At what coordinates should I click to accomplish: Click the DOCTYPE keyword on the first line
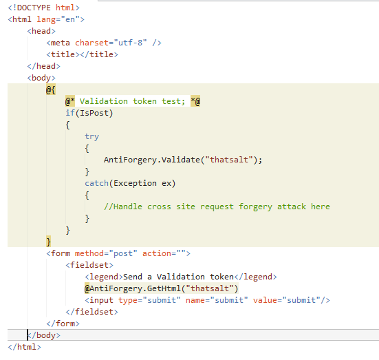[x=34, y=8]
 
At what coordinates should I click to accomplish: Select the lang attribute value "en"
[x=70, y=19]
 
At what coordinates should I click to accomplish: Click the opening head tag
[x=41, y=31]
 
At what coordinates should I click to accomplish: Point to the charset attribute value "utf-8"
[x=130, y=43]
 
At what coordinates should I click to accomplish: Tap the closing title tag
[x=99, y=54]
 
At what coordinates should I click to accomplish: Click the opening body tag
[x=41, y=78]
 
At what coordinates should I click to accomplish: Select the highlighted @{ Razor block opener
[x=51, y=89]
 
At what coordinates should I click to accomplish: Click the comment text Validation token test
[x=132, y=101]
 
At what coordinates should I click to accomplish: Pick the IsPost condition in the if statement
[x=94, y=113]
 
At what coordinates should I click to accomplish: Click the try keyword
[x=92, y=137]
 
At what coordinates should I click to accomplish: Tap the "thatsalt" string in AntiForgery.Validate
[x=229, y=160]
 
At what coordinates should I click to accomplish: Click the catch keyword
[x=96, y=183]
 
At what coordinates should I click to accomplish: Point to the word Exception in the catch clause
[x=135, y=183]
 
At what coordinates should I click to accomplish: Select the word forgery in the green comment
[x=255, y=207]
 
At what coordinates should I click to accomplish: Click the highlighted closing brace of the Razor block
[x=48, y=242]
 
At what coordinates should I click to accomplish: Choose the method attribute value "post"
[x=123, y=253]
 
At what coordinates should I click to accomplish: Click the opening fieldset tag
[x=89, y=265]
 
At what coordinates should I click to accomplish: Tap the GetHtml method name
[x=164, y=288]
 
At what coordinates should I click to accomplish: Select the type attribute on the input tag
[x=128, y=301]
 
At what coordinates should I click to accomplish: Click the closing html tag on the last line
[x=24, y=347]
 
